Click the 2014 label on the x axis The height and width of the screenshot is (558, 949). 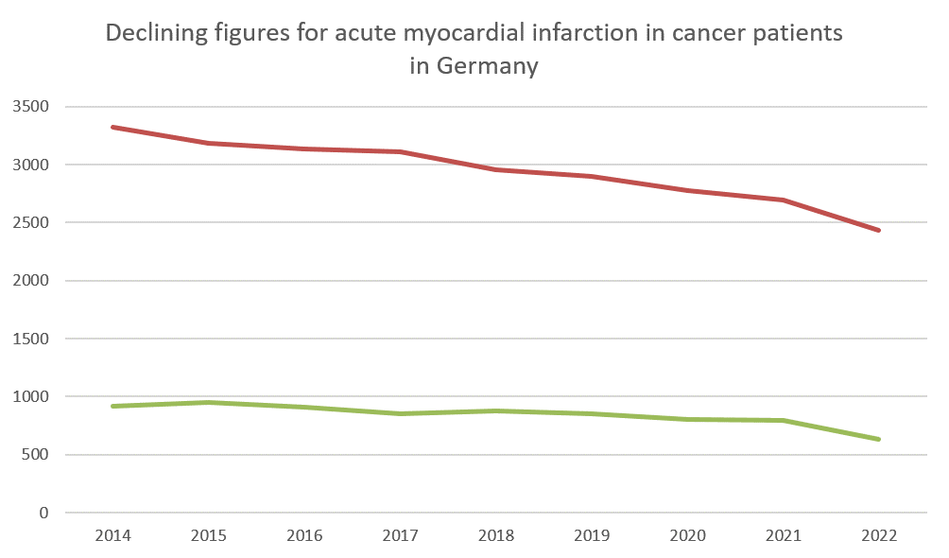(112, 535)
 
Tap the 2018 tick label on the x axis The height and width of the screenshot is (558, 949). (496, 535)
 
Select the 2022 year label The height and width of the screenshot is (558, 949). (879, 535)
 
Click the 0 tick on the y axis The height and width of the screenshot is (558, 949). (43, 513)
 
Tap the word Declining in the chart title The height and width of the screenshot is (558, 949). (150, 33)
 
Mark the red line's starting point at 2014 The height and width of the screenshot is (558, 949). (112, 127)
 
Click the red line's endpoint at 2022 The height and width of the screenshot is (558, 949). (879, 230)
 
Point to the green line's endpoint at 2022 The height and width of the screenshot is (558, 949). (879, 439)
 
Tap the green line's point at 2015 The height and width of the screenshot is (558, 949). (209, 402)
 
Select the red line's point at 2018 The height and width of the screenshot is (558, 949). (496, 169)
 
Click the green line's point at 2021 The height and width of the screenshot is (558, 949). (784, 420)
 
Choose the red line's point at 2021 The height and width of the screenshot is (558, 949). (784, 200)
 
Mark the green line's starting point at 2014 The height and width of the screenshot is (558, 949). (112, 406)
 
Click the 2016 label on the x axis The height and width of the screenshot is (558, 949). (304, 535)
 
